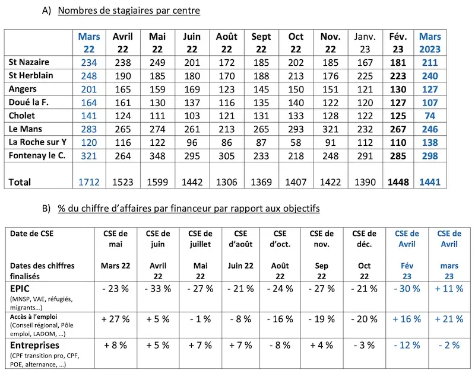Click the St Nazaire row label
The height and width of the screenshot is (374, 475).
[28, 62]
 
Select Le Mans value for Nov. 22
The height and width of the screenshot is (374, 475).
[330, 129]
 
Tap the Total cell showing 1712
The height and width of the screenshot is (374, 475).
[88, 182]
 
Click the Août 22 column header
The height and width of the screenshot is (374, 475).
[227, 43]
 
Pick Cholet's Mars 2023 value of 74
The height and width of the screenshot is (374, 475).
[430, 116]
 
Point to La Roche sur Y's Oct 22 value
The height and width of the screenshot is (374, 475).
[296, 142]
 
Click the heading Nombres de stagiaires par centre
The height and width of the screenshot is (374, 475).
[129, 11]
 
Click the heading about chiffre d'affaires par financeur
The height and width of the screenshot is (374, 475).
[189, 208]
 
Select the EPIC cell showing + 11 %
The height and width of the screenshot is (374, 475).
[449, 289]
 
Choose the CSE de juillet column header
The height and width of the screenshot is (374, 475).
[200, 239]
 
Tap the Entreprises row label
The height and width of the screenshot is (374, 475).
[34, 346]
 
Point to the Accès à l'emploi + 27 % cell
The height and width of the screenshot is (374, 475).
[115, 319]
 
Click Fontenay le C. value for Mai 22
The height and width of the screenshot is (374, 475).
[157, 156]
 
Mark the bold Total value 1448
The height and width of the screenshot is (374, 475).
[398, 182]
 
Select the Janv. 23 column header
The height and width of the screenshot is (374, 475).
[365, 43]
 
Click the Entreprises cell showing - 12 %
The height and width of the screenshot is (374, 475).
[407, 345]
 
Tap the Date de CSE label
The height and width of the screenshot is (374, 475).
[32, 234]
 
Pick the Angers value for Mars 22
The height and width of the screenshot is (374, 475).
[88, 89]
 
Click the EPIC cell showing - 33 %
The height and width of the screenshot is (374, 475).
[158, 289]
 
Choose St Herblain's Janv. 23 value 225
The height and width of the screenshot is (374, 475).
[365, 76]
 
